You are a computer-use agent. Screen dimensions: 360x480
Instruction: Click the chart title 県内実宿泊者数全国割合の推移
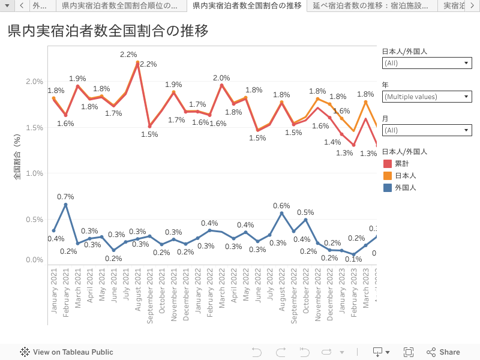click(x=108, y=31)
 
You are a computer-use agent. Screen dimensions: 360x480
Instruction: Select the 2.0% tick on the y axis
click(x=35, y=82)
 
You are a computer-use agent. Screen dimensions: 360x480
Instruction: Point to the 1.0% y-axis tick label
click(x=35, y=173)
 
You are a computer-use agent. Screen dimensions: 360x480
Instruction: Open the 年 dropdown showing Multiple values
click(x=427, y=97)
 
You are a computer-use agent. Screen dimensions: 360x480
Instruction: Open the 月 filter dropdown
click(x=427, y=130)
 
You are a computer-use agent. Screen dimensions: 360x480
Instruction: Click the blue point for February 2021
click(x=66, y=205)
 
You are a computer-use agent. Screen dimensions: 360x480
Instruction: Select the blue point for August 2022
click(x=281, y=213)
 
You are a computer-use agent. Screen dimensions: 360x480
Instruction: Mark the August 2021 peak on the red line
click(x=138, y=64)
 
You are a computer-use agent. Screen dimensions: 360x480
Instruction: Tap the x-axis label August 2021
click(x=138, y=289)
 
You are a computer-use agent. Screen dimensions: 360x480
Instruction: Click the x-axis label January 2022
click(x=198, y=289)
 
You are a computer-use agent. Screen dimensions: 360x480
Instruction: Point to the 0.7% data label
click(x=65, y=197)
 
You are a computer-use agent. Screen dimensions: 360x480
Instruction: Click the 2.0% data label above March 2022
click(x=221, y=78)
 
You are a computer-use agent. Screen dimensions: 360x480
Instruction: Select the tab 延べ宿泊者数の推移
click(x=370, y=6)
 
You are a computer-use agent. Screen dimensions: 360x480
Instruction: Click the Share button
click(x=443, y=352)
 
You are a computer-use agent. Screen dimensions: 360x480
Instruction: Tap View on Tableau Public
click(x=67, y=352)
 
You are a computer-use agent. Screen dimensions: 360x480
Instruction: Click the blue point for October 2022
click(x=305, y=220)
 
